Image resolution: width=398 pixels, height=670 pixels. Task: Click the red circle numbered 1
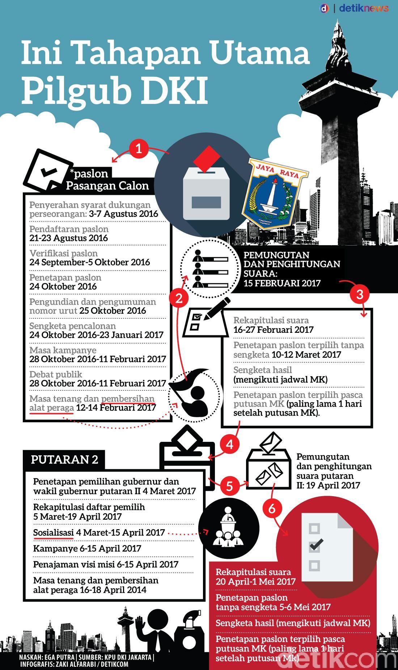coord(138,149)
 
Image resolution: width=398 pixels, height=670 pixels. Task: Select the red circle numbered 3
coord(359,294)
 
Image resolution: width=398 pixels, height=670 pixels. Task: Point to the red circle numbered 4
coord(230,444)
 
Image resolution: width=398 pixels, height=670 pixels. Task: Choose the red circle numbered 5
coord(229,486)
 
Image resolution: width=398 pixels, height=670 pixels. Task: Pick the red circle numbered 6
coord(272,508)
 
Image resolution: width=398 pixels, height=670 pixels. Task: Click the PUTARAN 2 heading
coord(64,460)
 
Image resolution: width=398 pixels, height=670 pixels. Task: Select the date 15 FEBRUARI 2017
coord(282,283)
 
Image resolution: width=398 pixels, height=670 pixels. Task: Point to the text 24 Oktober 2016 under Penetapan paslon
coord(63,286)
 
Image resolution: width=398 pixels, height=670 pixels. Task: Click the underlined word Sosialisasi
coord(54,533)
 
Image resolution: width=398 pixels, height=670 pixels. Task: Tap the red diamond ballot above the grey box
coord(207,158)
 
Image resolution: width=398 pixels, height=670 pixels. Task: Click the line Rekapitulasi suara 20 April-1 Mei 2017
coord(255,577)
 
